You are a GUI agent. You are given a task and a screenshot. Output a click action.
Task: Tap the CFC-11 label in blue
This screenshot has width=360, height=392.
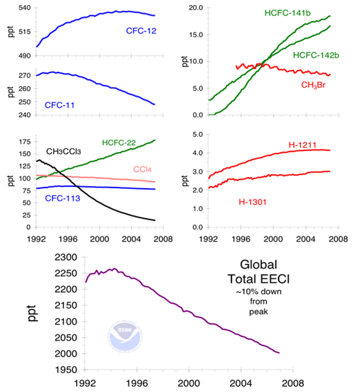[x=60, y=105]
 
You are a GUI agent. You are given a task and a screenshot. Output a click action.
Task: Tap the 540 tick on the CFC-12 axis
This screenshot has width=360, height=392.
[x=24, y=7]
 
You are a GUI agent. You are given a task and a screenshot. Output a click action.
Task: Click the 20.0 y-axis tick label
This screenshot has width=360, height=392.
[x=196, y=7]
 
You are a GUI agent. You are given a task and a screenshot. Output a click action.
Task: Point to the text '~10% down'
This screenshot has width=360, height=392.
[x=260, y=291]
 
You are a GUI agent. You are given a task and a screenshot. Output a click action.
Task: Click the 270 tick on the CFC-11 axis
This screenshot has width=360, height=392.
[x=24, y=75]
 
